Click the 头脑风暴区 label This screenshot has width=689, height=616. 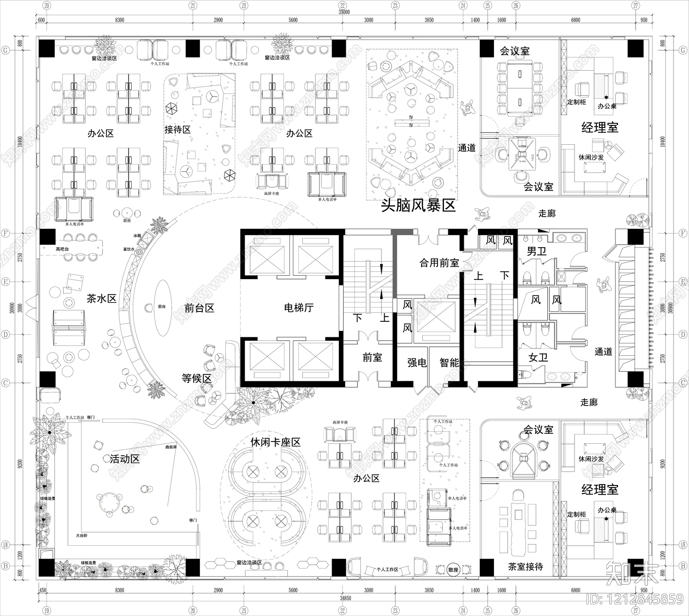(x=418, y=206)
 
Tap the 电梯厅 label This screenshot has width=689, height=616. (x=299, y=308)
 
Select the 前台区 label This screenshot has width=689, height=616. (x=199, y=308)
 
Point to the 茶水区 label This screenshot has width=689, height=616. (x=102, y=299)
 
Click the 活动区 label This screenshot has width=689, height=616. (x=124, y=459)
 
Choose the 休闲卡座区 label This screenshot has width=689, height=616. (x=275, y=442)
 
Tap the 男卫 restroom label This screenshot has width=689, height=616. (x=537, y=251)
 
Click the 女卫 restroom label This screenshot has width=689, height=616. (x=538, y=358)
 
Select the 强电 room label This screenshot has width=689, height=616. (x=417, y=363)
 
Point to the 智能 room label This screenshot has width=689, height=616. (x=449, y=363)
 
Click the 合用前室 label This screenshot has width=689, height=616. (x=439, y=263)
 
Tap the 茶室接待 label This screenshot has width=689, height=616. (x=525, y=567)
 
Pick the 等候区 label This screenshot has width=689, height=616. (x=196, y=379)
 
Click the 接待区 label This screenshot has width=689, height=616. (x=177, y=130)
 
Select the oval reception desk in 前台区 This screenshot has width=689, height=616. (x=161, y=307)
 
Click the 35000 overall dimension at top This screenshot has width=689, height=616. (x=344, y=12)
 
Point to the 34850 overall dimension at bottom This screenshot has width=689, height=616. (x=344, y=598)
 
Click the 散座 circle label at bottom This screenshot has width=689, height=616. (x=453, y=570)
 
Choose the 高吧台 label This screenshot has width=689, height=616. (x=62, y=249)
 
